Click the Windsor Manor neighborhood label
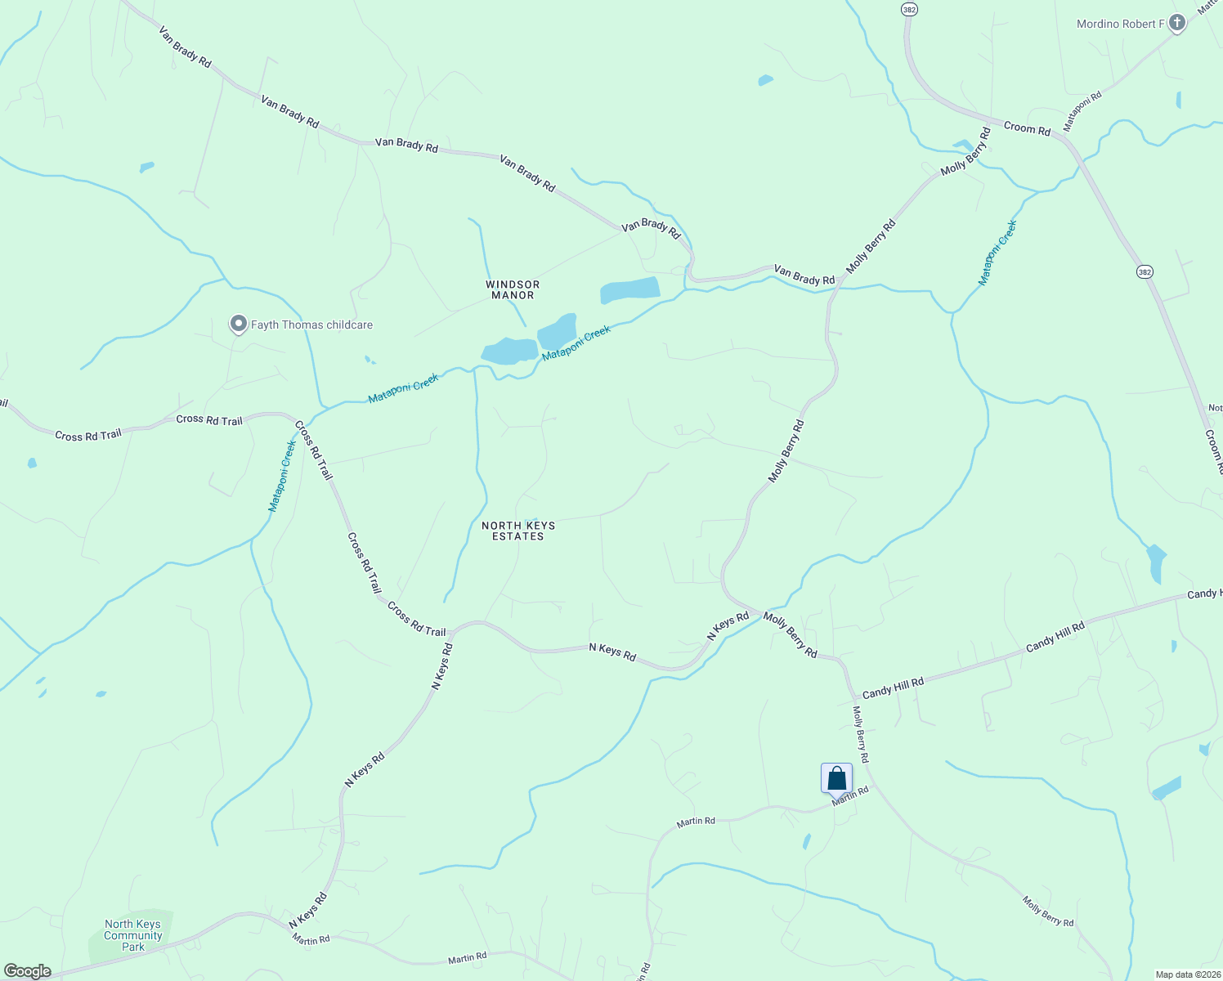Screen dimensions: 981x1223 point(513,289)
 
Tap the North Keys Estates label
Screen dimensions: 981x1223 point(518,531)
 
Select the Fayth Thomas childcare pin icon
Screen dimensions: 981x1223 point(238,325)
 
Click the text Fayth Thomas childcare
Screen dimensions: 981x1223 point(311,325)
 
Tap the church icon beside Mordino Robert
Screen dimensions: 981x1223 point(1177,23)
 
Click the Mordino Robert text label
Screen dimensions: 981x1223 point(1117,24)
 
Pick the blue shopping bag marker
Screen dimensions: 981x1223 point(836,778)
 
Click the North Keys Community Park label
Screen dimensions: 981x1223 point(132,935)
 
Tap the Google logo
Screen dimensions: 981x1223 point(28,971)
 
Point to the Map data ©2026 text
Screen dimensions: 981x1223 point(1187,974)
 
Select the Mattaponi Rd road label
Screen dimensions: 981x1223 point(1082,111)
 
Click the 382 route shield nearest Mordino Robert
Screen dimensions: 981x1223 point(910,9)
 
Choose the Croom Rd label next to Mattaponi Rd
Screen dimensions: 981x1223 point(1027,128)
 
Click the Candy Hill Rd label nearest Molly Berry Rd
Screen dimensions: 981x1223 point(893,687)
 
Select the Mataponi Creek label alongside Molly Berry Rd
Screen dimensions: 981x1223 point(997,253)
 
